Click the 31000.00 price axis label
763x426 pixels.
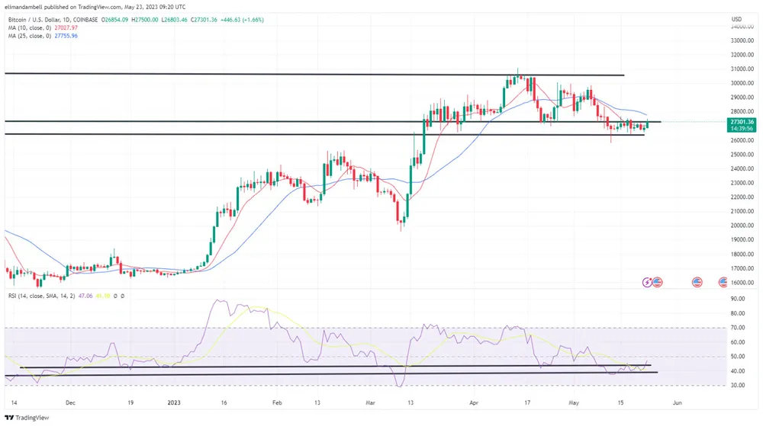pos(741,55)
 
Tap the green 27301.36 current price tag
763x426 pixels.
pos(741,122)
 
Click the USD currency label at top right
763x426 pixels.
pos(736,19)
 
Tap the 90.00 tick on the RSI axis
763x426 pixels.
pos(738,299)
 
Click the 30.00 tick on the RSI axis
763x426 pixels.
pos(738,385)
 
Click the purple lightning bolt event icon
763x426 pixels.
pos(648,282)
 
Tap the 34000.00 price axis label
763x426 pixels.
pos(741,27)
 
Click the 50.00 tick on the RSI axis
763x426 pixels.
pos(738,357)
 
